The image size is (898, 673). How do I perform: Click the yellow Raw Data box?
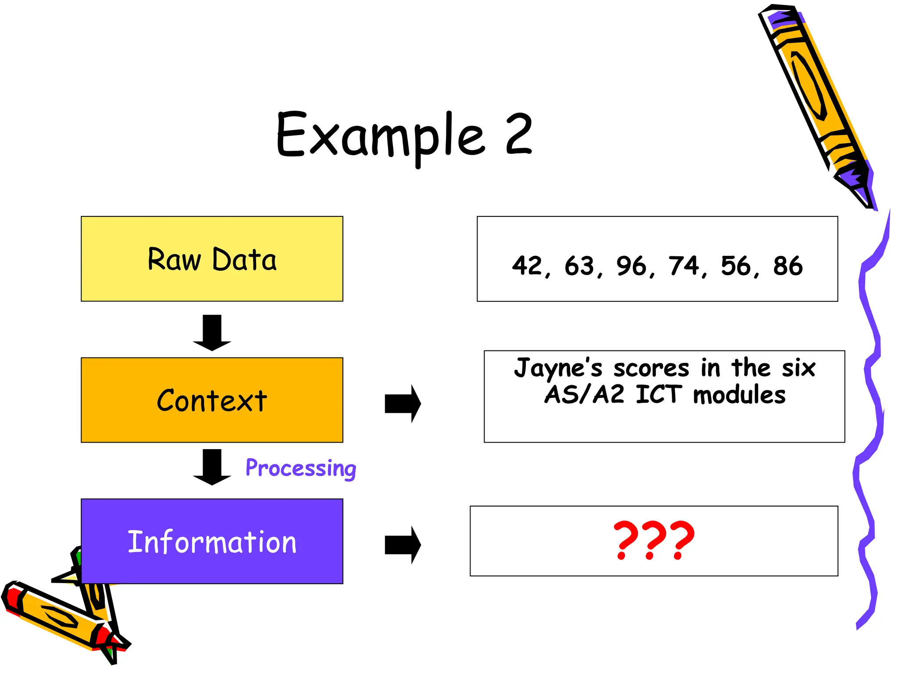(x=212, y=259)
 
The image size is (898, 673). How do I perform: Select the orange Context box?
(x=212, y=400)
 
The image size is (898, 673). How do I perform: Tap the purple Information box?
(x=212, y=541)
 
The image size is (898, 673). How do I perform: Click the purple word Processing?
(x=301, y=468)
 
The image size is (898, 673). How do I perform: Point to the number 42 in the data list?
(x=527, y=266)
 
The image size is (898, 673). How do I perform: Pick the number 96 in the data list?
(x=631, y=266)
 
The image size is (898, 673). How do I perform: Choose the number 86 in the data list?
(x=788, y=266)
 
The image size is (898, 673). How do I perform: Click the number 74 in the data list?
(x=684, y=266)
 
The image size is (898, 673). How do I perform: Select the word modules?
(x=739, y=395)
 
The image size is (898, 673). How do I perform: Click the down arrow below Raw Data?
(x=212, y=333)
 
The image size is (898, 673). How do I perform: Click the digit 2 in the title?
(x=519, y=134)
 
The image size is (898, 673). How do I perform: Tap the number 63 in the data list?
(x=579, y=266)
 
